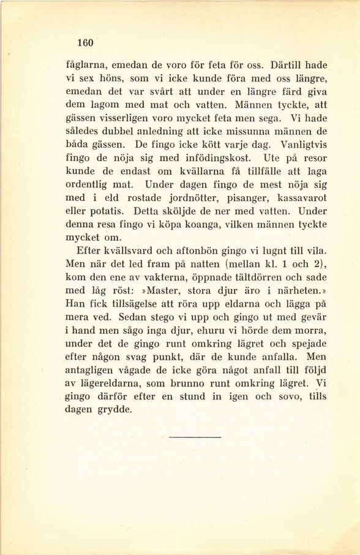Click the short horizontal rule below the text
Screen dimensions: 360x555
(193, 437)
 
